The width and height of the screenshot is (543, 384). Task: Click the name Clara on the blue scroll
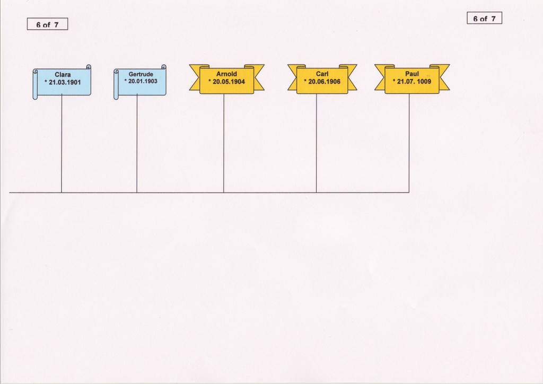pos(63,74)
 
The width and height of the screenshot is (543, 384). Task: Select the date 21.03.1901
pos(65,82)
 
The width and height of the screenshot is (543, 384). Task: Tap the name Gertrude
pos(141,74)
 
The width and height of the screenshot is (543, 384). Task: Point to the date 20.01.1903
pos(143,81)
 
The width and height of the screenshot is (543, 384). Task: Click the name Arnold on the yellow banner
pos(226,74)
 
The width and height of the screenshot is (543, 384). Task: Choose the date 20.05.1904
pos(229,82)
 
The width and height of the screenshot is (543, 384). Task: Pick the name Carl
pos(322,74)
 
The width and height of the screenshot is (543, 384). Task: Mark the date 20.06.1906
pos(324,82)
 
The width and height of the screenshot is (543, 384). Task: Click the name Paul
pos(412,74)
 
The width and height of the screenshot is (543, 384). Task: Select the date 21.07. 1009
pos(414,82)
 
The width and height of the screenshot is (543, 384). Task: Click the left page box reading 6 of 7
pos(47,24)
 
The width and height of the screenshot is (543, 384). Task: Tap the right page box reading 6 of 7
pos(485,18)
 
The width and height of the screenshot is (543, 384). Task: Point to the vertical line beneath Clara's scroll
pos(62,144)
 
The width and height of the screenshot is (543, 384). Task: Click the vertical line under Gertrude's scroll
pos(137,144)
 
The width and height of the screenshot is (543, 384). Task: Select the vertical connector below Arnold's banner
pos(224,143)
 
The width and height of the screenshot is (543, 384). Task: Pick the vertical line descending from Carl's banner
pos(316,143)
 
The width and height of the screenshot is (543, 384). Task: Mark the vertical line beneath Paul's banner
pos(409,143)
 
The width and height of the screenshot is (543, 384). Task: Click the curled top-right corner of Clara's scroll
pos(89,67)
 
